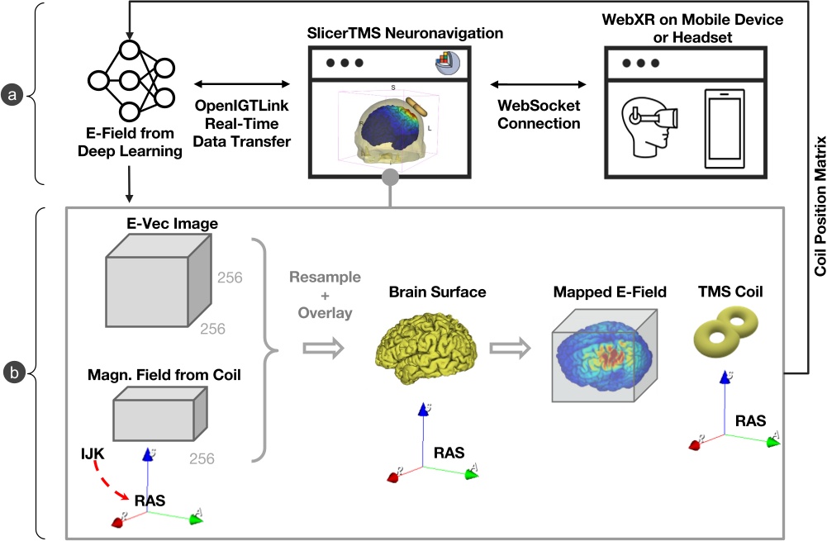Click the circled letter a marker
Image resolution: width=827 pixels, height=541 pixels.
[x=12, y=97]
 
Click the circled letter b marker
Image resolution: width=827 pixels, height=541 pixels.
[x=12, y=374]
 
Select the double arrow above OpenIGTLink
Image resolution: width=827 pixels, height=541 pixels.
[x=240, y=83]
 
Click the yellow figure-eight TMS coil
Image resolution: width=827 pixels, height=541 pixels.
[x=728, y=330]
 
